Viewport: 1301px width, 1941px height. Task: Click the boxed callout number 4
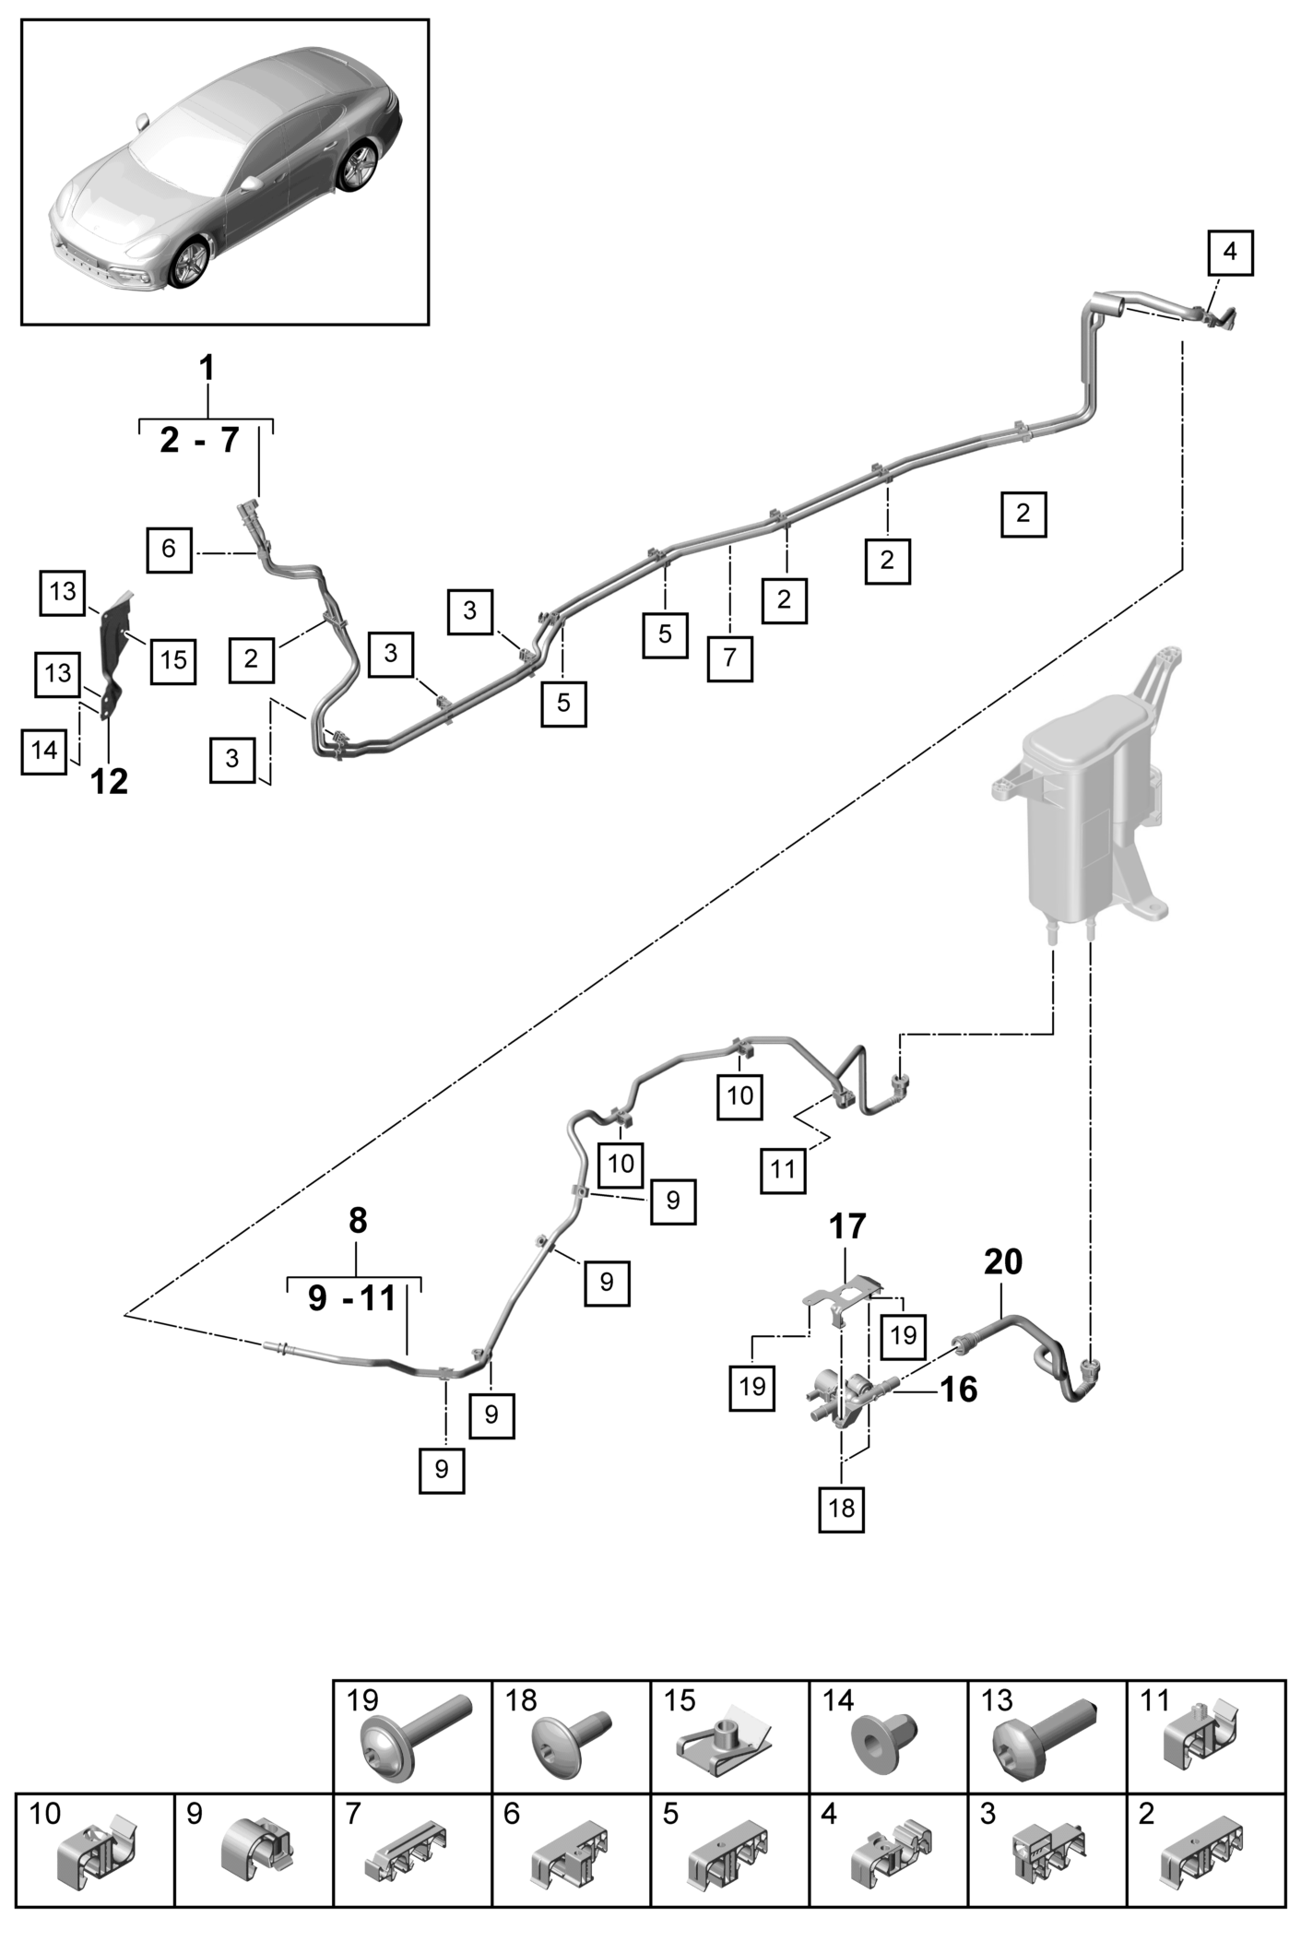[1231, 251]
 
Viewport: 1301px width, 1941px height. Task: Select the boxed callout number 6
[169, 550]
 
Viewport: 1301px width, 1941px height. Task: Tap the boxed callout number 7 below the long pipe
[730, 658]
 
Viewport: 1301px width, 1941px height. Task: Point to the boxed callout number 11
[783, 1170]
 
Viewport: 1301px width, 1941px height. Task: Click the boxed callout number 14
[44, 751]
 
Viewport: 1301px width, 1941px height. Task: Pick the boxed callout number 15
[173, 660]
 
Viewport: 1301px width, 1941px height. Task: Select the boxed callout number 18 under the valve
[842, 1509]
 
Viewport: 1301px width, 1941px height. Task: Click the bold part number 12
[110, 782]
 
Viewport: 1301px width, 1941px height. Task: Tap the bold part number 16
[958, 1389]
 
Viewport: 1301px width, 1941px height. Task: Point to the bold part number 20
[1003, 1261]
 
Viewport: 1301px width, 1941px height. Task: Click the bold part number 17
[847, 1226]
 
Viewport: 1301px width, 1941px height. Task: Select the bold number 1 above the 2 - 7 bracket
[207, 368]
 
